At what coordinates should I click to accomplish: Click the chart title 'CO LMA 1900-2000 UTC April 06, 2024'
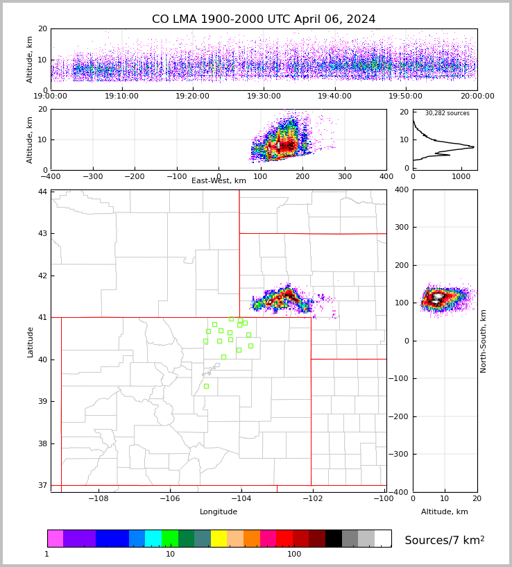pyautogui.click(x=264, y=19)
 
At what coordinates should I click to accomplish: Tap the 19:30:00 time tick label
pyautogui.click(x=264, y=96)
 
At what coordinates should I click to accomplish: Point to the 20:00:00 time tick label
pyautogui.click(x=477, y=96)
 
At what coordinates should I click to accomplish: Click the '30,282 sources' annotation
pyautogui.click(x=447, y=113)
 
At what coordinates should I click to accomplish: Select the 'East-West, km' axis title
pyautogui.click(x=219, y=181)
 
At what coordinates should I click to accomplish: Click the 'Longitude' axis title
pyautogui.click(x=219, y=512)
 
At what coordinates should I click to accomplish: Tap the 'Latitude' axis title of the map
pyautogui.click(x=30, y=341)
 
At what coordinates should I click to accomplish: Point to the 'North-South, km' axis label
pyautogui.click(x=484, y=341)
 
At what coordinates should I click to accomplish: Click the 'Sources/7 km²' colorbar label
pyautogui.click(x=445, y=540)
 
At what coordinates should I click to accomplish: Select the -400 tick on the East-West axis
pyautogui.click(x=51, y=177)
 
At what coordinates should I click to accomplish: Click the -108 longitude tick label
pyautogui.click(x=98, y=499)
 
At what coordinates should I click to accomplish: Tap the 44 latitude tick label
pyautogui.click(x=42, y=192)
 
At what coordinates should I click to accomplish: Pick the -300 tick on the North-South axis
pyautogui.click(x=400, y=454)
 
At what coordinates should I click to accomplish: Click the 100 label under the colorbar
pyautogui.click(x=294, y=554)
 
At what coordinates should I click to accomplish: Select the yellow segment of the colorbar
pyautogui.click(x=219, y=539)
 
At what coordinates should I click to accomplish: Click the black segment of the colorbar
pyautogui.click(x=334, y=539)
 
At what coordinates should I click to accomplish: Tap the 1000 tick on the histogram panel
pyautogui.click(x=461, y=177)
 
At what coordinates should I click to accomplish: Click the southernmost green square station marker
pyautogui.click(x=206, y=386)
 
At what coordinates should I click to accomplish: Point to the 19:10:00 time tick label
pyautogui.click(x=122, y=96)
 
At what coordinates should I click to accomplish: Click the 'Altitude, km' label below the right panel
pyautogui.click(x=445, y=512)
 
